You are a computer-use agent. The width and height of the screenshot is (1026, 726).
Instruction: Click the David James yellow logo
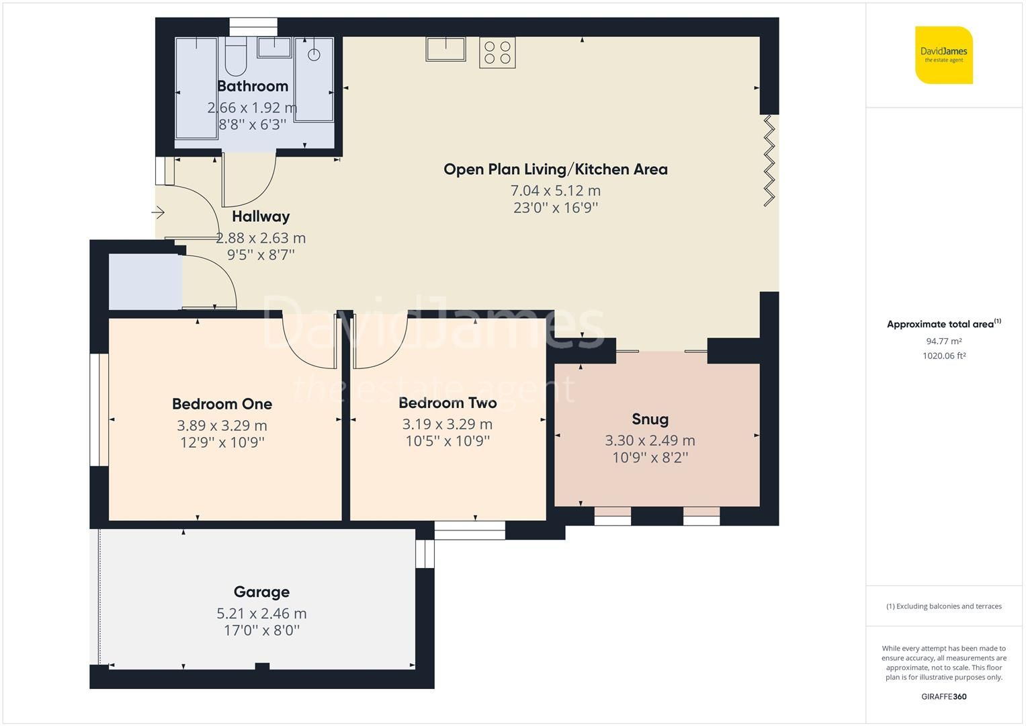click(943, 55)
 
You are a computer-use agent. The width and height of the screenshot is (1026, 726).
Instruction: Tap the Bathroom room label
click(253, 86)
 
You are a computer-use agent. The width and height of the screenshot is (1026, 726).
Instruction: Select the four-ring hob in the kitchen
click(497, 52)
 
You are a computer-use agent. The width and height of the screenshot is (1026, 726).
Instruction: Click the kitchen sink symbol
click(445, 49)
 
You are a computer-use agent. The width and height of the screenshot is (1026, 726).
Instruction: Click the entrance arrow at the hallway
click(159, 213)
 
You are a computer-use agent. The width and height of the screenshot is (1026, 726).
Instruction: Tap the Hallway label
click(261, 216)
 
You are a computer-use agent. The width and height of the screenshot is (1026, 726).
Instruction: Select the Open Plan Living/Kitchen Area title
click(555, 169)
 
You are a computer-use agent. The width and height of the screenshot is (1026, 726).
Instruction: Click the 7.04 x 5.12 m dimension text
click(555, 190)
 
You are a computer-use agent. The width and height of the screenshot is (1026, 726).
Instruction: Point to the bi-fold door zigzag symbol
click(769, 160)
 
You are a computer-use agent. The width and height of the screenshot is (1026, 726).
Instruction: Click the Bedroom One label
click(222, 404)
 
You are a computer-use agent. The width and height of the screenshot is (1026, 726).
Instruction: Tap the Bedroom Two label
click(447, 403)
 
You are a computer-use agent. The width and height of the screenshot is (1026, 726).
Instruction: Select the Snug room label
click(650, 419)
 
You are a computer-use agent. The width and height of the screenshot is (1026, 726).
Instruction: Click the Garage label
click(261, 592)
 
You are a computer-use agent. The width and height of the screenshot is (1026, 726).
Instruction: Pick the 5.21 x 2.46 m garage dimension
click(261, 613)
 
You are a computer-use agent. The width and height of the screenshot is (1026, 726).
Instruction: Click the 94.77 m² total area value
click(943, 341)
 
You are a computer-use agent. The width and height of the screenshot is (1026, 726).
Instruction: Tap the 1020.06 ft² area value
click(943, 356)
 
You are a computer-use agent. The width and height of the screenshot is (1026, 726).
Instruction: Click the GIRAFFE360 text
click(943, 696)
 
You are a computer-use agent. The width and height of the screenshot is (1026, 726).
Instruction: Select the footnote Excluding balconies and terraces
click(943, 606)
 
